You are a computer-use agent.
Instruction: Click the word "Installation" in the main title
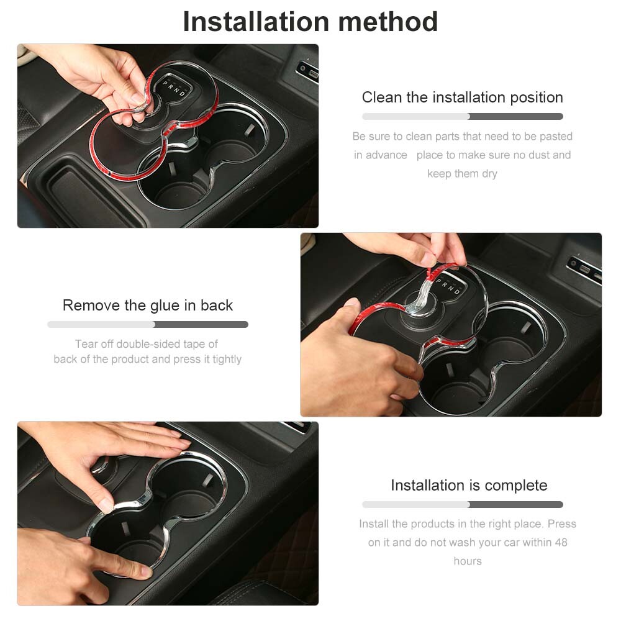click(256, 22)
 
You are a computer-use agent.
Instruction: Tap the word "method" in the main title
click(388, 22)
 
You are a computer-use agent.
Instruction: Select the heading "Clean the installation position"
click(462, 97)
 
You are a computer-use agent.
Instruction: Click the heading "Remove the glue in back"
click(148, 306)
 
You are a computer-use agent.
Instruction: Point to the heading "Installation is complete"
click(469, 485)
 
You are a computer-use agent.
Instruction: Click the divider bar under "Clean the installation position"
click(463, 117)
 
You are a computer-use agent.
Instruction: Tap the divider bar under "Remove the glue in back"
click(148, 324)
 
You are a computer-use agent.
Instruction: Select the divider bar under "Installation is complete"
click(463, 504)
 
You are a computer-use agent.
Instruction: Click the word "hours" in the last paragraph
click(468, 561)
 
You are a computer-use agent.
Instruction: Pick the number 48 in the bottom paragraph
click(561, 542)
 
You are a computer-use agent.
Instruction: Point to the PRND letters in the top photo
click(174, 89)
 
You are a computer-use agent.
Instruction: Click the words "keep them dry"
click(462, 173)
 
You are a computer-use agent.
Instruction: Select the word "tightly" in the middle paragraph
click(227, 359)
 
